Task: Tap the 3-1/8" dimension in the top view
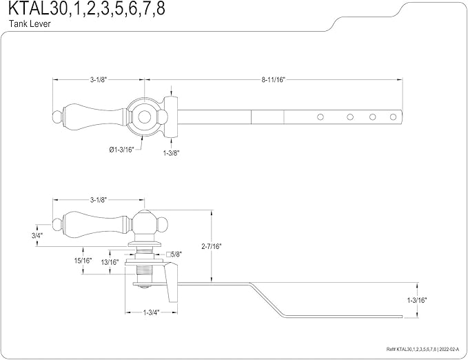pyautogui.click(x=98, y=80)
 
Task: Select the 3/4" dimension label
pyautogui.click(x=37, y=235)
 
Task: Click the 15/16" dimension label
pyautogui.click(x=83, y=261)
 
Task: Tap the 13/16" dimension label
pyautogui.click(x=110, y=261)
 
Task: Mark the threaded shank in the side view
pyautogui.click(x=144, y=266)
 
